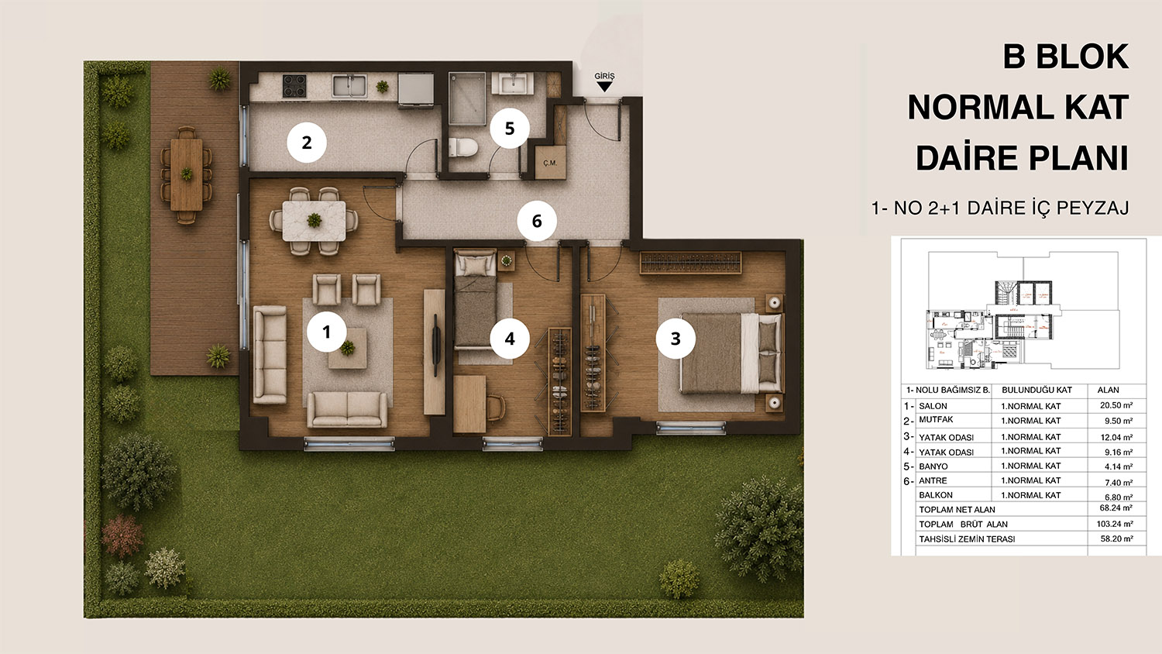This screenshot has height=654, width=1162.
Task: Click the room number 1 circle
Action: (326, 332)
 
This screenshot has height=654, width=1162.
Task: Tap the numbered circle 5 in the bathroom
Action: (510, 128)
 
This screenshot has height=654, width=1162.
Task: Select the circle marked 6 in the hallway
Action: (537, 221)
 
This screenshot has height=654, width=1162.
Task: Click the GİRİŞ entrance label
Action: (604, 76)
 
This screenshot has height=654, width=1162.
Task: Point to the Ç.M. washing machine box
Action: (550, 163)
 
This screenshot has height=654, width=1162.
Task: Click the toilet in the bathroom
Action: (462, 147)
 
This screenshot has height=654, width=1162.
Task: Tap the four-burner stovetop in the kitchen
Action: (294, 86)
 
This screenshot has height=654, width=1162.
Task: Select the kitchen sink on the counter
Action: (349, 86)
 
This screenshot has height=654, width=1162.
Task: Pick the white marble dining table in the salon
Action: (314, 221)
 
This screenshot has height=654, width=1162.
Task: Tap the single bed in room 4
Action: (475, 299)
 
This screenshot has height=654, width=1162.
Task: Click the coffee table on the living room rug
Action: (348, 348)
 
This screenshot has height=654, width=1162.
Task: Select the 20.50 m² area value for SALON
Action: (1116, 405)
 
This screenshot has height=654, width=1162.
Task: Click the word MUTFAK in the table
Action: (936, 419)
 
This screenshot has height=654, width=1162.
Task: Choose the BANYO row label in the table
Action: (933, 466)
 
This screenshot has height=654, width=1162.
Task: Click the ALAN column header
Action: (1108, 390)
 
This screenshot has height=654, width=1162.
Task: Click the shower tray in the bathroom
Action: (467, 98)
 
